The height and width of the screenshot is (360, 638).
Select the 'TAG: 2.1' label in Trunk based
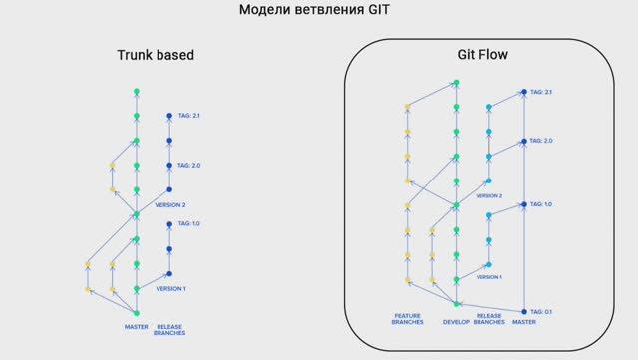click(189, 116)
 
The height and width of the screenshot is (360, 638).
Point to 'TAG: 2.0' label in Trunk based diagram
click(189, 165)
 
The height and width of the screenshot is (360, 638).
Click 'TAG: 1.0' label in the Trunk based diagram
click(189, 224)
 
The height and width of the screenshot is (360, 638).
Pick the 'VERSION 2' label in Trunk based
click(170, 205)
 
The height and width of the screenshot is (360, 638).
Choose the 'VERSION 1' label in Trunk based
click(170, 288)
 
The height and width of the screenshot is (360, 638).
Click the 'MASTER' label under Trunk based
click(136, 325)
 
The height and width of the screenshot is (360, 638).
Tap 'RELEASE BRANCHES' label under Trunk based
click(169, 329)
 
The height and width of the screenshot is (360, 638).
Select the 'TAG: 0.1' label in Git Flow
click(541, 312)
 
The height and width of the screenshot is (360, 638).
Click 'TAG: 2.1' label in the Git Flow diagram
click(541, 92)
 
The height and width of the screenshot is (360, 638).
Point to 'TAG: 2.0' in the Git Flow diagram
click(541, 141)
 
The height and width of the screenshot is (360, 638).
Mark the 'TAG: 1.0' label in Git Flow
click(541, 204)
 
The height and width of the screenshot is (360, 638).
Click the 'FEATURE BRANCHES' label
click(407, 319)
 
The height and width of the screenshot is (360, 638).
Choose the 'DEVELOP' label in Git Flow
click(456, 322)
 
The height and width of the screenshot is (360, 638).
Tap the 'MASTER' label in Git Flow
click(523, 322)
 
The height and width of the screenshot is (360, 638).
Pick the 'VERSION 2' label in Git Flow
click(488, 196)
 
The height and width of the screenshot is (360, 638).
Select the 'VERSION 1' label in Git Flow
click(488, 277)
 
